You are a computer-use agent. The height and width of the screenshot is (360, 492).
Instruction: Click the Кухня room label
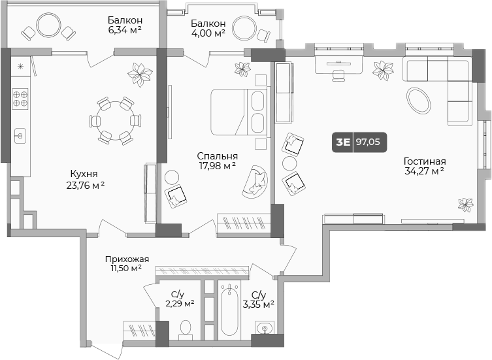(84, 174)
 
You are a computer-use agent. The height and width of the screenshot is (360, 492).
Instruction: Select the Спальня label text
(218, 156)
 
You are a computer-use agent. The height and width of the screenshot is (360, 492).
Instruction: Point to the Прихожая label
(127, 259)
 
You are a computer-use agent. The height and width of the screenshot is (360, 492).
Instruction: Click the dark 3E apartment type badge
(342, 141)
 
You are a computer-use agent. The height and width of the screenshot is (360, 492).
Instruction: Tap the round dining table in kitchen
(115, 120)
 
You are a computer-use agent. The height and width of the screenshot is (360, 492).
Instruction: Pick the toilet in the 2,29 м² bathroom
(185, 327)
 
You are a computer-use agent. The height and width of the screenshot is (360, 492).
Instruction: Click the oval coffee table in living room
(419, 100)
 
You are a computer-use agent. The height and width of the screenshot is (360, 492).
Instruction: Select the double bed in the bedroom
(238, 112)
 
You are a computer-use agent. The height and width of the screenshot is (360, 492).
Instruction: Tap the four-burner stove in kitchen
(20, 98)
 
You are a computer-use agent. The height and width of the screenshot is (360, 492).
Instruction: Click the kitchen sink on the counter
(20, 135)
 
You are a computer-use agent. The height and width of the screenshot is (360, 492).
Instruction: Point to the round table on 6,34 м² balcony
(48, 26)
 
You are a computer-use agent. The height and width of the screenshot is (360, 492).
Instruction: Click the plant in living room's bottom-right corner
(465, 205)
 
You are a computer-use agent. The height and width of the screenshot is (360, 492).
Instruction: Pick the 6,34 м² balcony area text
(126, 29)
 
